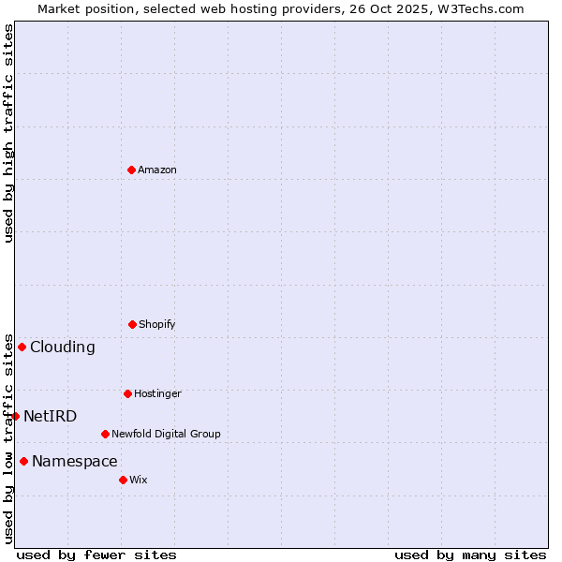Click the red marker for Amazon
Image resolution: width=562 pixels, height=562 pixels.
[x=131, y=170]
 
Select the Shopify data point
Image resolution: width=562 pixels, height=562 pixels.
[x=132, y=324]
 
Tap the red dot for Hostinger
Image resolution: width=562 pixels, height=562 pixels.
[x=127, y=393]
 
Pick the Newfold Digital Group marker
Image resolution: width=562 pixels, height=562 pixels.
[x=105, y=434]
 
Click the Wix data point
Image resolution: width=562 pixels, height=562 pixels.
[x=123, y=480]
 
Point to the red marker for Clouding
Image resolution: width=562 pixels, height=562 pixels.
[x=22, y=347]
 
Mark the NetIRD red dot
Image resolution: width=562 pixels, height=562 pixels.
[x=15, y=416]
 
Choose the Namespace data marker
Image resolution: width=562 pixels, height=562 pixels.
[x=23, y=461]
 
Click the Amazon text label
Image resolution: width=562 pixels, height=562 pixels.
[x=157, y=170]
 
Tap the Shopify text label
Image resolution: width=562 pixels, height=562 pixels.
[x=157, y=324]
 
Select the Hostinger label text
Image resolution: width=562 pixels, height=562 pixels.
[x=157, y=393]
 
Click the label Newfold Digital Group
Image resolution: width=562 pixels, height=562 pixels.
[x=166, y=434]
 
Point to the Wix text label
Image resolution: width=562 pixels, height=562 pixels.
[x=139, y=480]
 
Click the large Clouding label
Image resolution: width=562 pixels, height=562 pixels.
[x=63, y=347]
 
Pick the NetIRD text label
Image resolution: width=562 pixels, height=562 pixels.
[x=51, y=416]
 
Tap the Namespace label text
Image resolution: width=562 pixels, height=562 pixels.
[x=75, y=461]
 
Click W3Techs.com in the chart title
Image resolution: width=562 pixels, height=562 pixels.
[x=478, y=8]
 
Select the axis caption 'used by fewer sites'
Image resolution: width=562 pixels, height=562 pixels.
[x=96, y=555]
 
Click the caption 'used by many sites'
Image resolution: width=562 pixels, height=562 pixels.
[x=470, y=555]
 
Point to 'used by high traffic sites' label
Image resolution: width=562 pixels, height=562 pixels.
[x=8, y=133]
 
